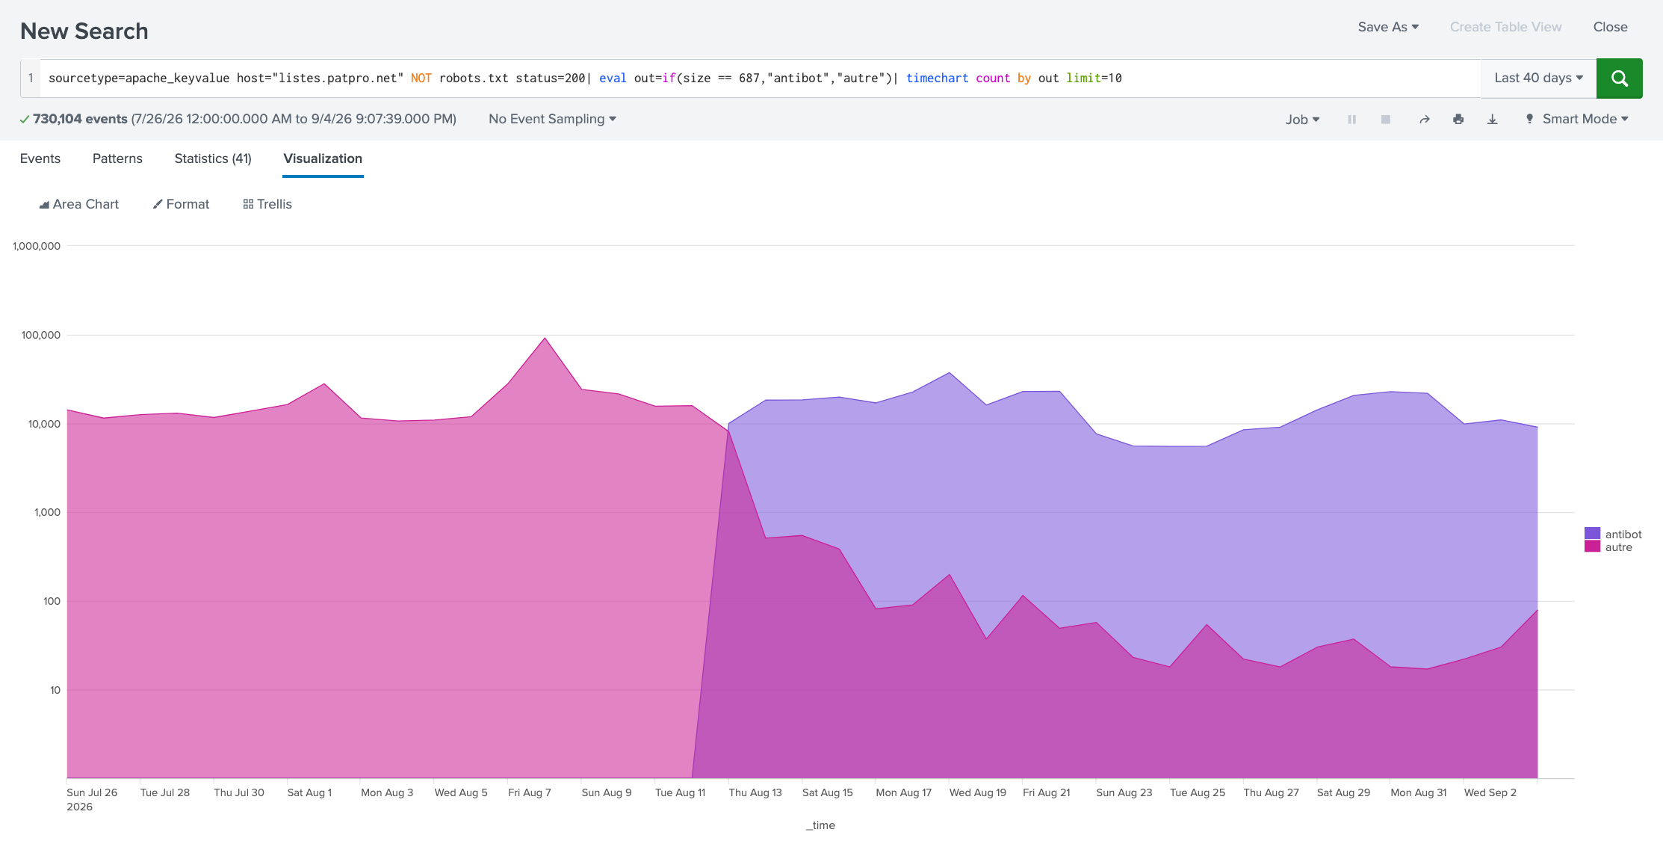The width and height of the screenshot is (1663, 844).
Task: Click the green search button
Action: click(1619, 78)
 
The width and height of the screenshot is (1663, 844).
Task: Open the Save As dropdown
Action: click(1388, 27)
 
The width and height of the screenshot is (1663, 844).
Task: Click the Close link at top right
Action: click(1610, 27)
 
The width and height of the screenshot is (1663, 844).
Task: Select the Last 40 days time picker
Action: click(1538, 78)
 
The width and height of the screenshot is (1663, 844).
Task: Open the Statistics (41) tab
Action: click(213, 158)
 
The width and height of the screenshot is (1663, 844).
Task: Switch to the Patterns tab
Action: click(117, 158)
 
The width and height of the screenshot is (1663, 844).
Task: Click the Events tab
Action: click(40, 158)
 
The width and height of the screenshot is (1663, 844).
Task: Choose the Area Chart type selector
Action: click(79, 204)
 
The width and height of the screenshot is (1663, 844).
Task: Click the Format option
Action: click(181, 204)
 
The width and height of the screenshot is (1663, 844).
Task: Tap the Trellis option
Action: click(267, 204)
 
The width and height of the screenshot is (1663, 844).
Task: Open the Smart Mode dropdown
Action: click(1577, 119)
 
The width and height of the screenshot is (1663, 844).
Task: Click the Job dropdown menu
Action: click(1302, 120)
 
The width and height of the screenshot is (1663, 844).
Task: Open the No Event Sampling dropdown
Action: click(552, 119)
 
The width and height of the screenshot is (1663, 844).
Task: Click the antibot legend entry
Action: click(1614, 534)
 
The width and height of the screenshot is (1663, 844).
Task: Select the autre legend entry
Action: click(1609, 547)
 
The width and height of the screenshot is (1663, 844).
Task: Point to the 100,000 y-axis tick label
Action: click(41, 335)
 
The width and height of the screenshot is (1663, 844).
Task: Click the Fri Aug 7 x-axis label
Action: click(530, 792)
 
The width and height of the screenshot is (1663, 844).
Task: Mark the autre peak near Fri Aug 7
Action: click(545, 338)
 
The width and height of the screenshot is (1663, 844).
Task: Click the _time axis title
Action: click(820, 825)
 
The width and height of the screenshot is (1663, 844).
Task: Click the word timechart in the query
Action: click(937, 78)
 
